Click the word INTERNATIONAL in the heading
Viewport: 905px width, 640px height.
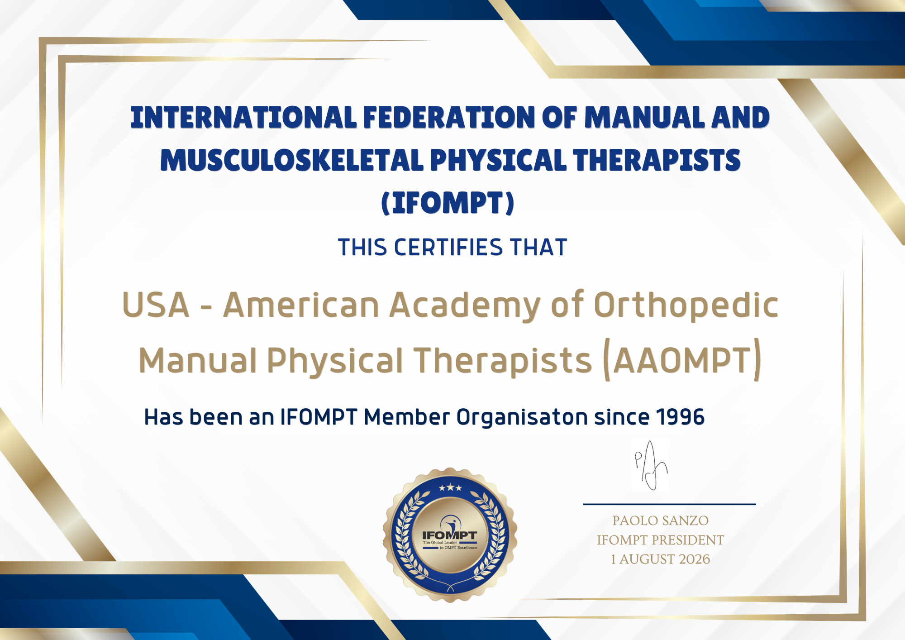pos(243,117)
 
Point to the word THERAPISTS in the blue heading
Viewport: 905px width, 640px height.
pos(657,160)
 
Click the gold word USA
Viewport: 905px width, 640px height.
pos(156,305)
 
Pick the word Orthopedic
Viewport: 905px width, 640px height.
pos(686,305)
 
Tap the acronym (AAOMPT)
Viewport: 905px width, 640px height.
pos(682,360)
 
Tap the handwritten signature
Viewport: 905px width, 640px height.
pos(651,465)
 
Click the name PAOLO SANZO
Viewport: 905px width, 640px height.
pos(660,521)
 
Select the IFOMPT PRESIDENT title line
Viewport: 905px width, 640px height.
pos(660,540)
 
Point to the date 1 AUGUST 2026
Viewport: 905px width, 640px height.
pos(660,559)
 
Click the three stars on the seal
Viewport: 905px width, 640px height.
pos(450,488)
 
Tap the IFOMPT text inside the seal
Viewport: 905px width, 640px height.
pos(449,535)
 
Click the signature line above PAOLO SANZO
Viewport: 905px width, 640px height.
pos(669,504)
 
